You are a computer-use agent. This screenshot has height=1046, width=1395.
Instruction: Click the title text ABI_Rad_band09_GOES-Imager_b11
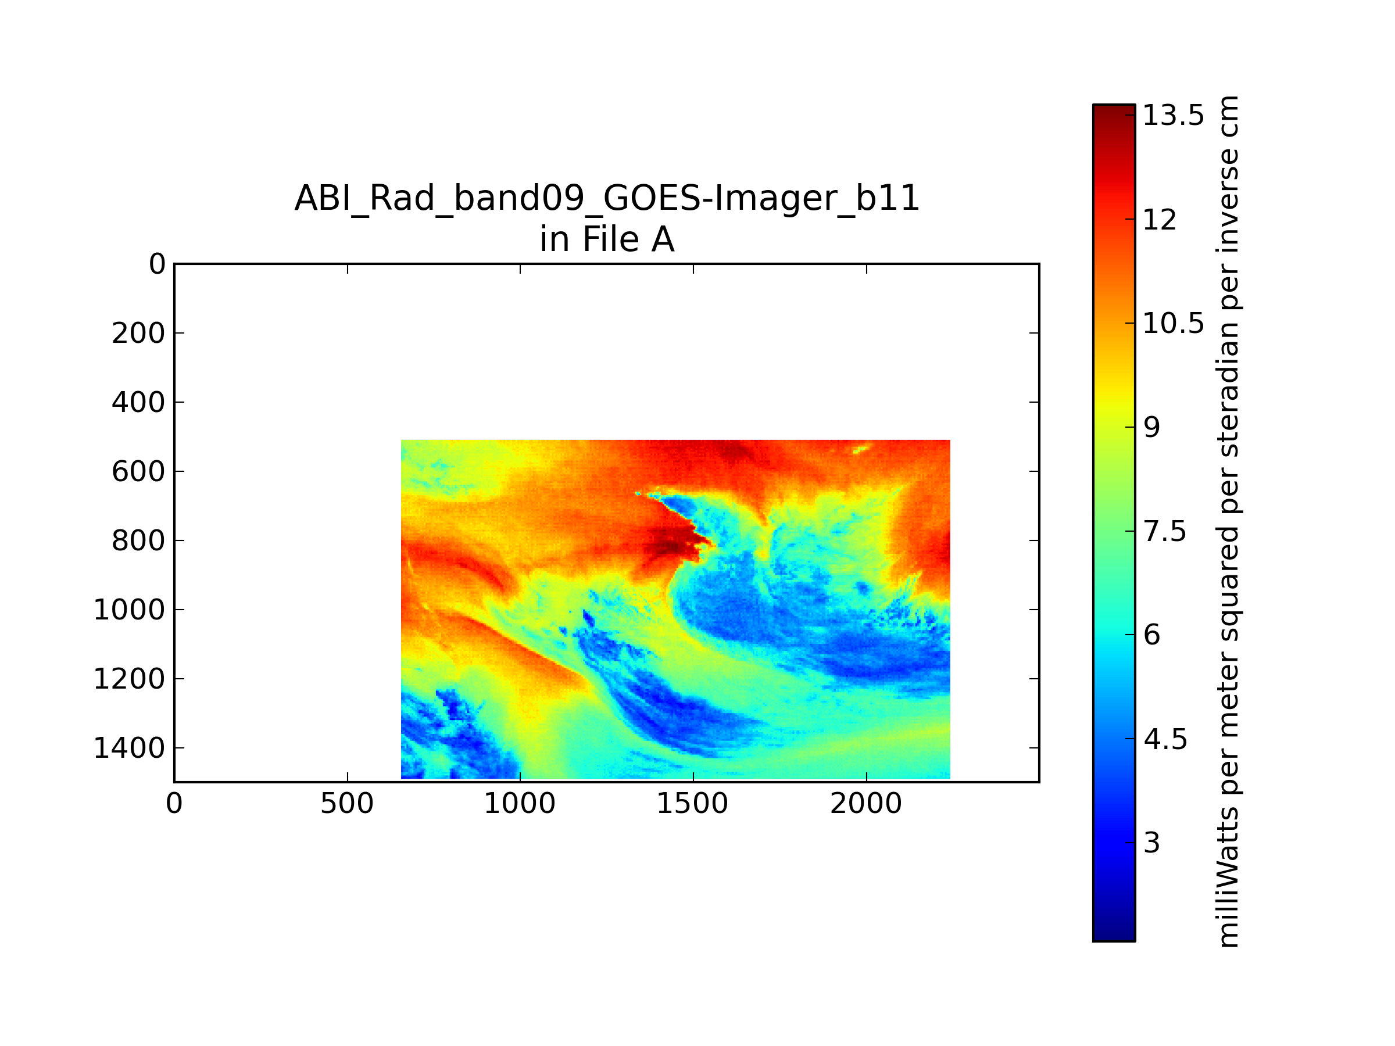[x=607, y=199]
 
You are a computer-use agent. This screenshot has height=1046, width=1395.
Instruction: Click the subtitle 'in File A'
[x=607, y=239]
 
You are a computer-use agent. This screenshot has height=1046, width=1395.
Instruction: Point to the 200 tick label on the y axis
[x=139, y=333]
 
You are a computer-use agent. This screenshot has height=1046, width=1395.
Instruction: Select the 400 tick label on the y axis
[x=139, y=402]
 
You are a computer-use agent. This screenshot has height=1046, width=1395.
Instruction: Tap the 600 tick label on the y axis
[x=139, y=472]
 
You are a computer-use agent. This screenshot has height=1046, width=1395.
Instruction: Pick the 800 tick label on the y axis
[x=139, y=541]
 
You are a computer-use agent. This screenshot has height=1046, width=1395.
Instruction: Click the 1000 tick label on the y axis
[x=129, y=610]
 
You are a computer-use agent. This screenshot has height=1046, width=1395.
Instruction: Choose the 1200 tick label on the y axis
[x=129, y=679]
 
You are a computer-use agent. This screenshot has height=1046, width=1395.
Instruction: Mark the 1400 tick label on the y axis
[x=129, y=748]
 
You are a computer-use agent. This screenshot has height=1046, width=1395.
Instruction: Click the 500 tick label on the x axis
[x=347, y=804]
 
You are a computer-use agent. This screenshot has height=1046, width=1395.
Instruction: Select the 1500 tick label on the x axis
[x=692, y=804]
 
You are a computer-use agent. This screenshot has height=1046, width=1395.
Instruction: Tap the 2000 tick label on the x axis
[x=866, y=804]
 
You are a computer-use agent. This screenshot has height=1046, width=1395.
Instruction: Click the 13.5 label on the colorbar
[x=1174, y=116]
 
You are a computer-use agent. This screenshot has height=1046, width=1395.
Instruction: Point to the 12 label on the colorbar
[x=1160, y=220]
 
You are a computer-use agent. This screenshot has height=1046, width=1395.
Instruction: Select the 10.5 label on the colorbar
[x=1174, y=324]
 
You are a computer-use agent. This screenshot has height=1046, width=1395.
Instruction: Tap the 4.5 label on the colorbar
[x=1165, y=740]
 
